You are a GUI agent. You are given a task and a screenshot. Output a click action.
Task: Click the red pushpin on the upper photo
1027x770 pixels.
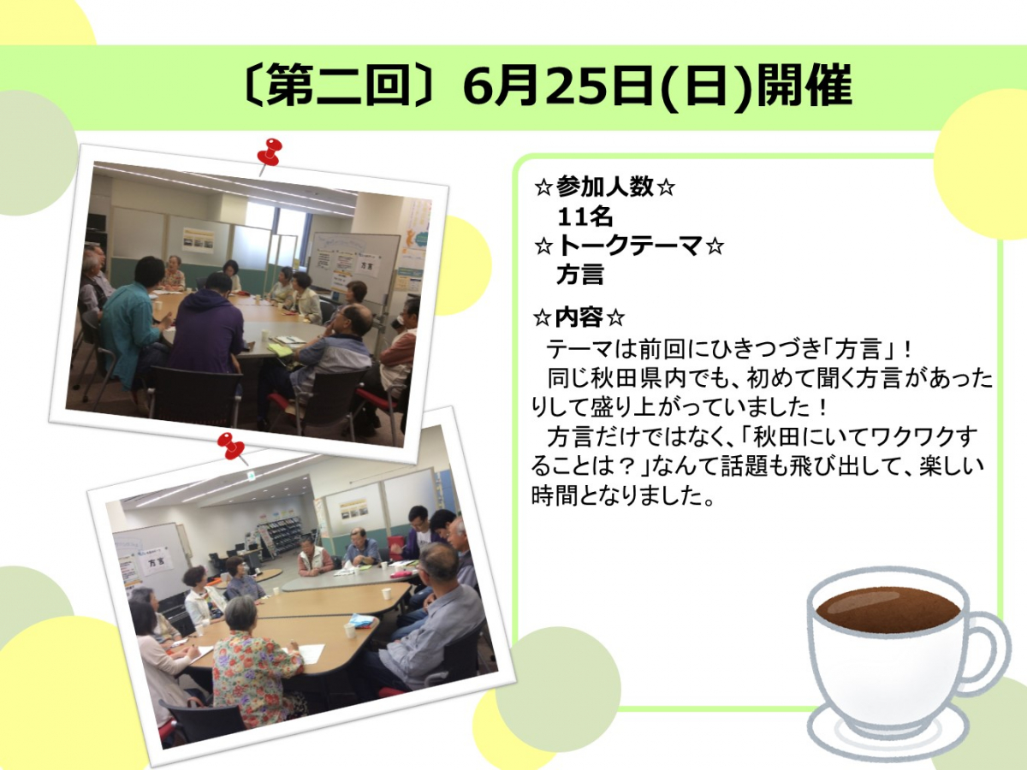coord(270,153)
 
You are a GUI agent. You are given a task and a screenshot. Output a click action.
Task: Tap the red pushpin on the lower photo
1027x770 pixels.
coord(232,447)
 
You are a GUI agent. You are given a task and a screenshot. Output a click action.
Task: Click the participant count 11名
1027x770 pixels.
coord(585,217)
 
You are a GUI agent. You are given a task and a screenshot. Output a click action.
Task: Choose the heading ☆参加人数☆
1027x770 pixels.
coord(604,187)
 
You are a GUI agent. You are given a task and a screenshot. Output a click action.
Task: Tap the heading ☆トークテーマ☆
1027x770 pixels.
coord(629,246)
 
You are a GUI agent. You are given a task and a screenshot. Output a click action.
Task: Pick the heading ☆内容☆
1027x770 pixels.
coord(579,318)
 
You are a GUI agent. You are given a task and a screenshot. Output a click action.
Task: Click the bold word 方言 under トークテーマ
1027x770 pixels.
coord(580,275)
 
